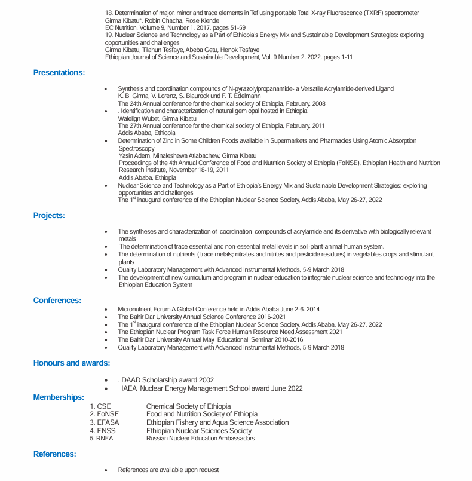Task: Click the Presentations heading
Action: [59, 73]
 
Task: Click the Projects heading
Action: [49, 216]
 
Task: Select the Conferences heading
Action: [57, 301]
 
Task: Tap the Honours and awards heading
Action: [72, 363]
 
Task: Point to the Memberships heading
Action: [59, 397]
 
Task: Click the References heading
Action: [55, 454]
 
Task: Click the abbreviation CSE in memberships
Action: [104, 406]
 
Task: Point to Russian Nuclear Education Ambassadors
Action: [200, 439]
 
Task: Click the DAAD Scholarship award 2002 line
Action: [167, 380]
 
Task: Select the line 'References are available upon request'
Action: [168, 470]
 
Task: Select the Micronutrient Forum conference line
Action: [219, 309]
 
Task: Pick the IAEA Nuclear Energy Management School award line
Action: [212, 388]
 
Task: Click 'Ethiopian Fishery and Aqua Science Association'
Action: [217, 422]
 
